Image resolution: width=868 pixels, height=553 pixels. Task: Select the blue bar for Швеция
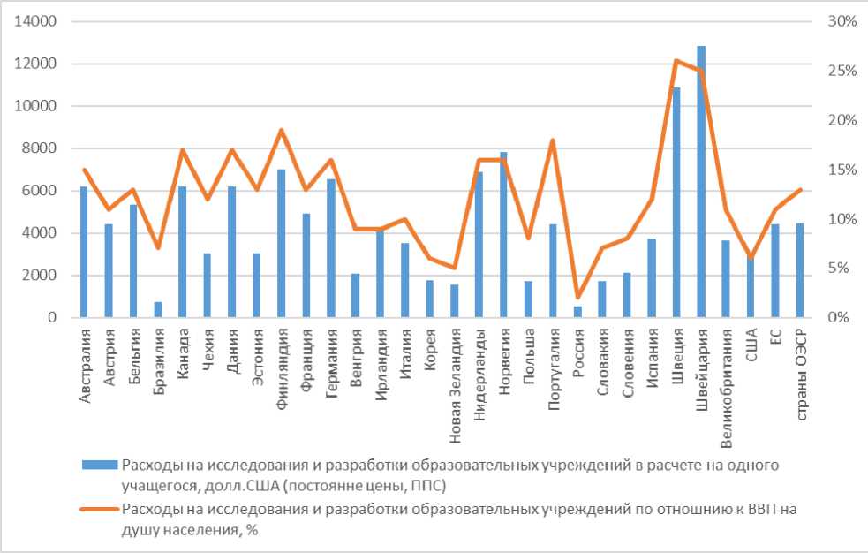coord(676,203)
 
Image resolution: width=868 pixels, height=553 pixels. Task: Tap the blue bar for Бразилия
coord(158,309)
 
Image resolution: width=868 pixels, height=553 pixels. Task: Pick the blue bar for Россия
coord(577,312)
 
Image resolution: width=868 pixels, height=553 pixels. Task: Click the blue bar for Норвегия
coord(503,235)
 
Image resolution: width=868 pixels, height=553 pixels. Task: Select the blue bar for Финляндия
coord(282,244)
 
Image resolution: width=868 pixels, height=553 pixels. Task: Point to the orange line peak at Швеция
coord(676,60)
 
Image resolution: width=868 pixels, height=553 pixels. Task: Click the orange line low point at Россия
coord(577,297)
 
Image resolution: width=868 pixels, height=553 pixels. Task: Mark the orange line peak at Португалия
coord(553,140)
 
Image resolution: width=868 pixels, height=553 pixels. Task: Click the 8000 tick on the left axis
coord(43,148)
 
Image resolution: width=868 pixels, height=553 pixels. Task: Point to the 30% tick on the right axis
coord(836,21)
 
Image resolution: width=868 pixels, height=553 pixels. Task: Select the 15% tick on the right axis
coord(836,170)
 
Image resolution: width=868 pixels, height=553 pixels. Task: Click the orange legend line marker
coord(99,509)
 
